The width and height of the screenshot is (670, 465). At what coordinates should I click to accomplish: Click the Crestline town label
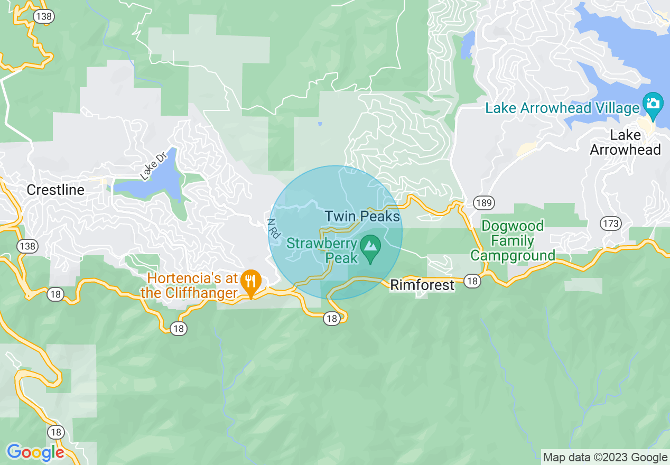coord(55,190)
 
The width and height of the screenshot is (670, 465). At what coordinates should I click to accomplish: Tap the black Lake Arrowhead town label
coord(625,143)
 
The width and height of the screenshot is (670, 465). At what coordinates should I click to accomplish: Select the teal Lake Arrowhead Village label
coord(562,108)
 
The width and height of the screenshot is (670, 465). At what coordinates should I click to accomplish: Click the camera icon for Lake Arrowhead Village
coord(653,103)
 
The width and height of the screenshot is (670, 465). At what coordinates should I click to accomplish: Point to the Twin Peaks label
coord(362,216)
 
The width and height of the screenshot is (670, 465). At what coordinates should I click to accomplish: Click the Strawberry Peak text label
coord(323,251)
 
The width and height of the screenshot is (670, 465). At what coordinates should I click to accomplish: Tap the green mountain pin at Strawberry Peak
coord(371,247)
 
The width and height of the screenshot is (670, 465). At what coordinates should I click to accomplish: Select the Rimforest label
coord(422,285)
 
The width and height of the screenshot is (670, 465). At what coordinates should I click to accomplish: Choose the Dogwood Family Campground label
coord(513,241)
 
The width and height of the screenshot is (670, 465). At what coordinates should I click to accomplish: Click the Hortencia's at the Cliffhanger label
coord(192,286)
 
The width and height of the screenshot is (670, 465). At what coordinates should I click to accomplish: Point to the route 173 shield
coord(611,224)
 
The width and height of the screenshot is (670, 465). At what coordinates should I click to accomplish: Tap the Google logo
coord(35,452)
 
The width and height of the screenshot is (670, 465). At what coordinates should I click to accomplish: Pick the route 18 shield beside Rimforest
coord(472,281)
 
